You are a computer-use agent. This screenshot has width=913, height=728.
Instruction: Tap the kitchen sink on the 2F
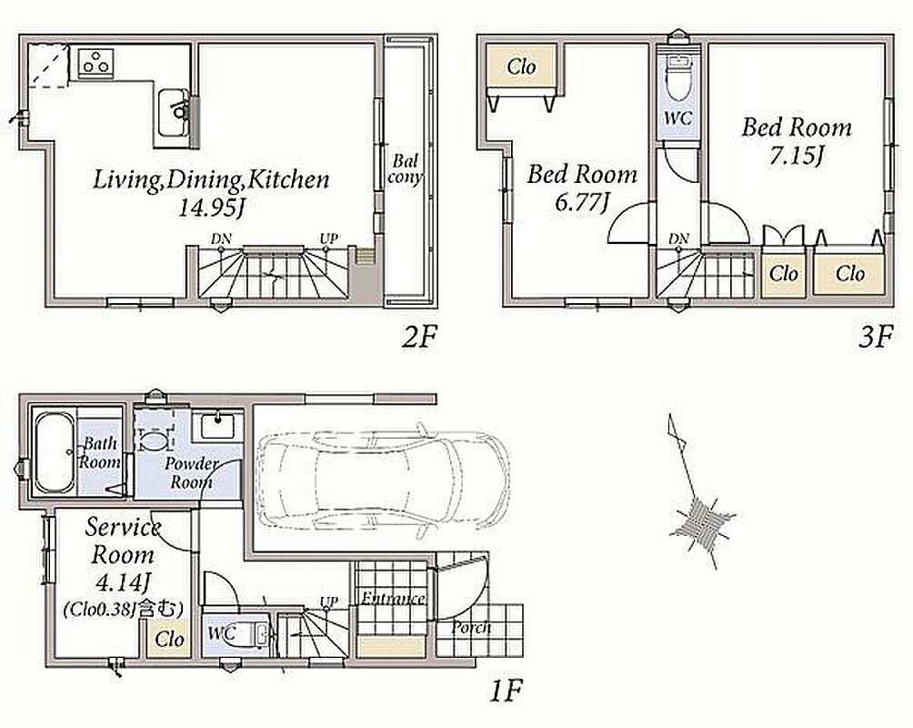coord(174,113)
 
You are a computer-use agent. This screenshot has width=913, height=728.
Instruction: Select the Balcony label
coord(405,169)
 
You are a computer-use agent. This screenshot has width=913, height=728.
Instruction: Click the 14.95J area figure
coord(210,208)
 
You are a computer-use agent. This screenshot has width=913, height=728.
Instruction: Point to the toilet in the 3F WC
coord(677,78)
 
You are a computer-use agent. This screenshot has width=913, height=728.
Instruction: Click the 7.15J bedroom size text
coord(796,156)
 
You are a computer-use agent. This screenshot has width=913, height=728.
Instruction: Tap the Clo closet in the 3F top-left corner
coord(520,66)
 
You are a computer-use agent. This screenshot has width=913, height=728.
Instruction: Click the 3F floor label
coord(875,337)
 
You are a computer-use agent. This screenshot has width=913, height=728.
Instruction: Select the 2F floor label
coord(418,337)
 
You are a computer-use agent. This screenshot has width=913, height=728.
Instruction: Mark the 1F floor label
coord(505,692)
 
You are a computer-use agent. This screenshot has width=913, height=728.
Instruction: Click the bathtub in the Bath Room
coord(55,453)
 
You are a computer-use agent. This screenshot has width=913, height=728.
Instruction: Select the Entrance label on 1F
coord(393,599)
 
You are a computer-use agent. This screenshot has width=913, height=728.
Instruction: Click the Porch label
coord(471,628)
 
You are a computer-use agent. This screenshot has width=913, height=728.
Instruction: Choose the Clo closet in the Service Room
coord(169,640)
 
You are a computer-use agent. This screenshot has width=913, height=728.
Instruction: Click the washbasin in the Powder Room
coord(218,425)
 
